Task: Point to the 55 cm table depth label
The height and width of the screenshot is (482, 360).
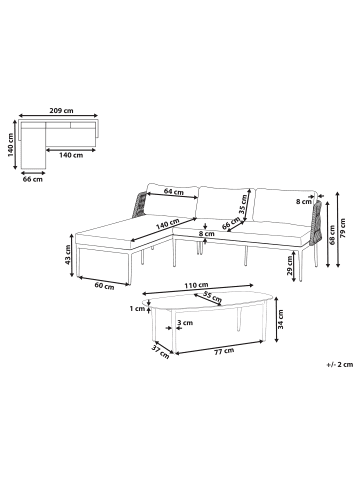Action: pyautogui.click(x=211, y=297)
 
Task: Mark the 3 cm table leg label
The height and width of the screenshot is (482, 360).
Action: pyautogui.click(x=187, y=323)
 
